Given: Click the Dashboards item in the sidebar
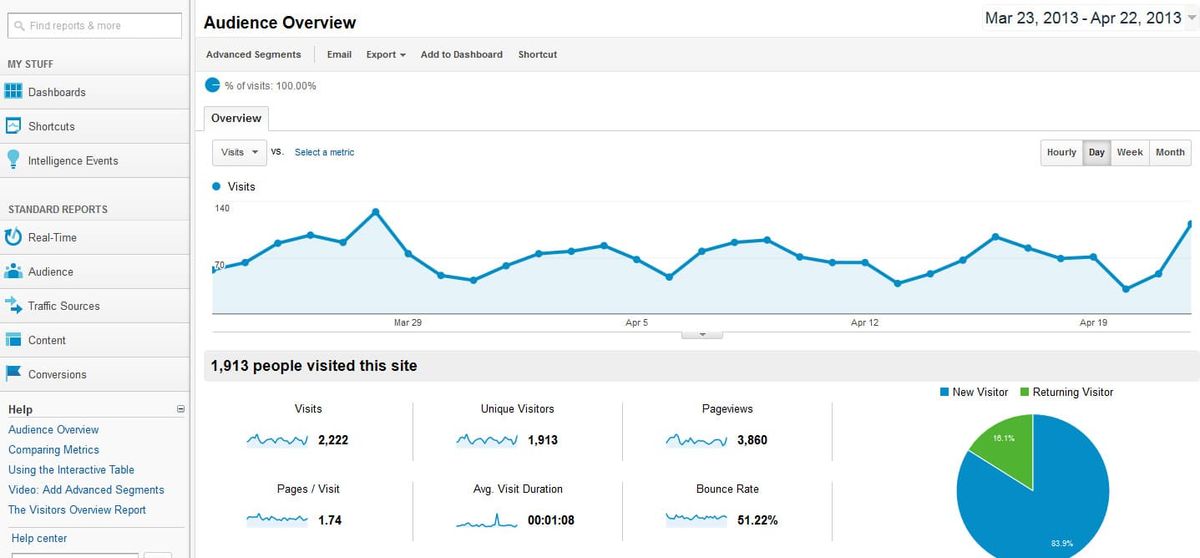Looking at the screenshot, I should tap(57, 92).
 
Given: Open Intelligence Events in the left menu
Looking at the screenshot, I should tap(73, 161).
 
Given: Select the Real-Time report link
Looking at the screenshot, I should tap(52, 238).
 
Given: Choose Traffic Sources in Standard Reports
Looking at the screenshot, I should tap(64, 306).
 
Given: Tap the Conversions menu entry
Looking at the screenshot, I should tap(57, 375).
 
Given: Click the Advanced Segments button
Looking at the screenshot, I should tap(253, 55).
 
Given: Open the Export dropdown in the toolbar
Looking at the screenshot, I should tap(386, 55).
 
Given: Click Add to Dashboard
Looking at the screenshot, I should tap(461, 55).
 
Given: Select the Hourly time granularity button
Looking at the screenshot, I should tap(1061, 153).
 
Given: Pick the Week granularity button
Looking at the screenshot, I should tap(1130, 153).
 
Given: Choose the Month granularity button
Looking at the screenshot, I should tap(1170, 153).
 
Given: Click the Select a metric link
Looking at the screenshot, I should tap(324, 153).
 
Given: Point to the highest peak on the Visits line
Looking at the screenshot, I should tap(375, 212).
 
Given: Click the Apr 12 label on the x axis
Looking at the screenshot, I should tap(864, 323).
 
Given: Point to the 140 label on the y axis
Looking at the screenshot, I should tap(222, 208).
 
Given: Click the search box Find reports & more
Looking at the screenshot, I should tap(95, 26).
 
